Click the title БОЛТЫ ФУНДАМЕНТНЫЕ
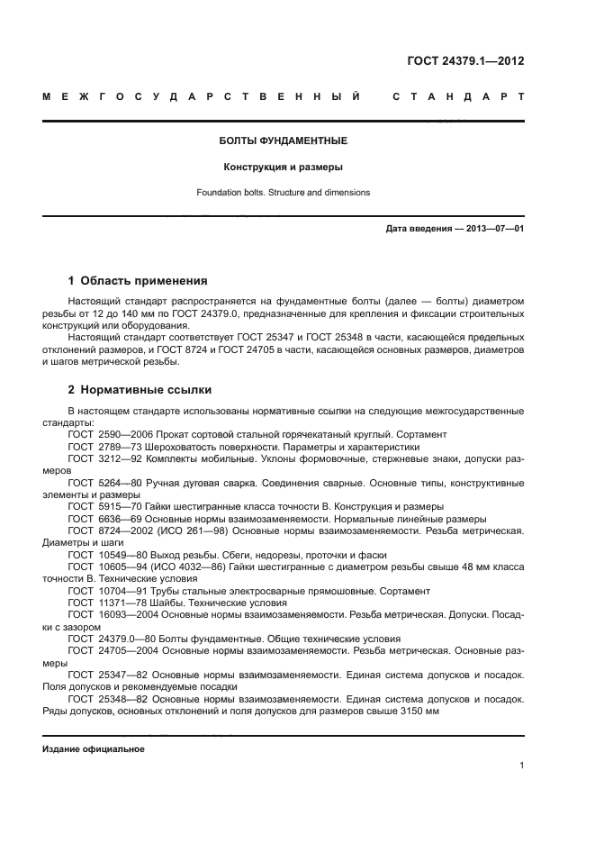point(284,141)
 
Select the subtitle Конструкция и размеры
point(284,167)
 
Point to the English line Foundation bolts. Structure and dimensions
point(284,193)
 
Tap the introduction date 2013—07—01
point(494,229)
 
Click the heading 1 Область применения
point(138,280)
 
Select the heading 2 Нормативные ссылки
point(140,391)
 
